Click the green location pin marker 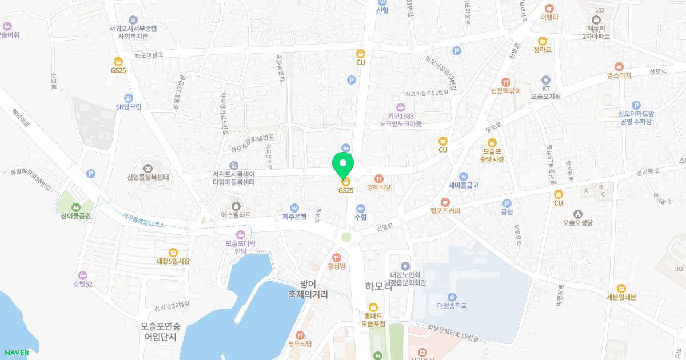pyautogui.click(x=343, y=164)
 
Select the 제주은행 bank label pyautogui.click(x=294, y=217)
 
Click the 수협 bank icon pyautogui.click(x=361, y=208)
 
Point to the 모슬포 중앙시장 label pyautogui.click(x=492, y=155)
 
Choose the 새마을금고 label pyautogui.click(x=463, y=185)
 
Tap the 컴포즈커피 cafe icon pyautogui.click(x=445, y=202)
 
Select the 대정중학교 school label pyautogui.click(x=452, y=306)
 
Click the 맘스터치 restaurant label pyautogui.click(x=619, y=75)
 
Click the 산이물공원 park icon pyautogui.click(x=77, y=207)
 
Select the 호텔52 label pyautogui.click(x=82, y=284)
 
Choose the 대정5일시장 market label pyautogui.click(x=173, y=261)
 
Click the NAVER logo pyautogui.click(x=15, y=352)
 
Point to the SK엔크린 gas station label pyautogui.click(x=128, y=106)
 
